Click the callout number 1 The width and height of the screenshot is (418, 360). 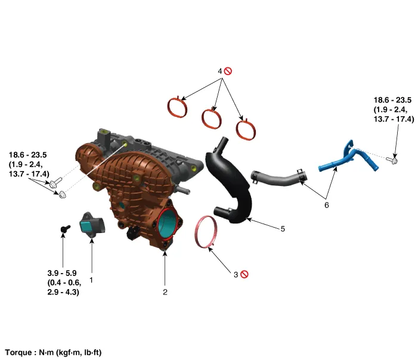(91, 278)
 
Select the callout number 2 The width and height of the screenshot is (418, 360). (165, 292)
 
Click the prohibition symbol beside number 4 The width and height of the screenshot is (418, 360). (228, 71)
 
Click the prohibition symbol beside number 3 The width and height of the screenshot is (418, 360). (244, 274)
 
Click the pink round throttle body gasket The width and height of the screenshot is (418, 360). (207, 233)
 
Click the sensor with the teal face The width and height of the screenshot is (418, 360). (92, 225)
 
